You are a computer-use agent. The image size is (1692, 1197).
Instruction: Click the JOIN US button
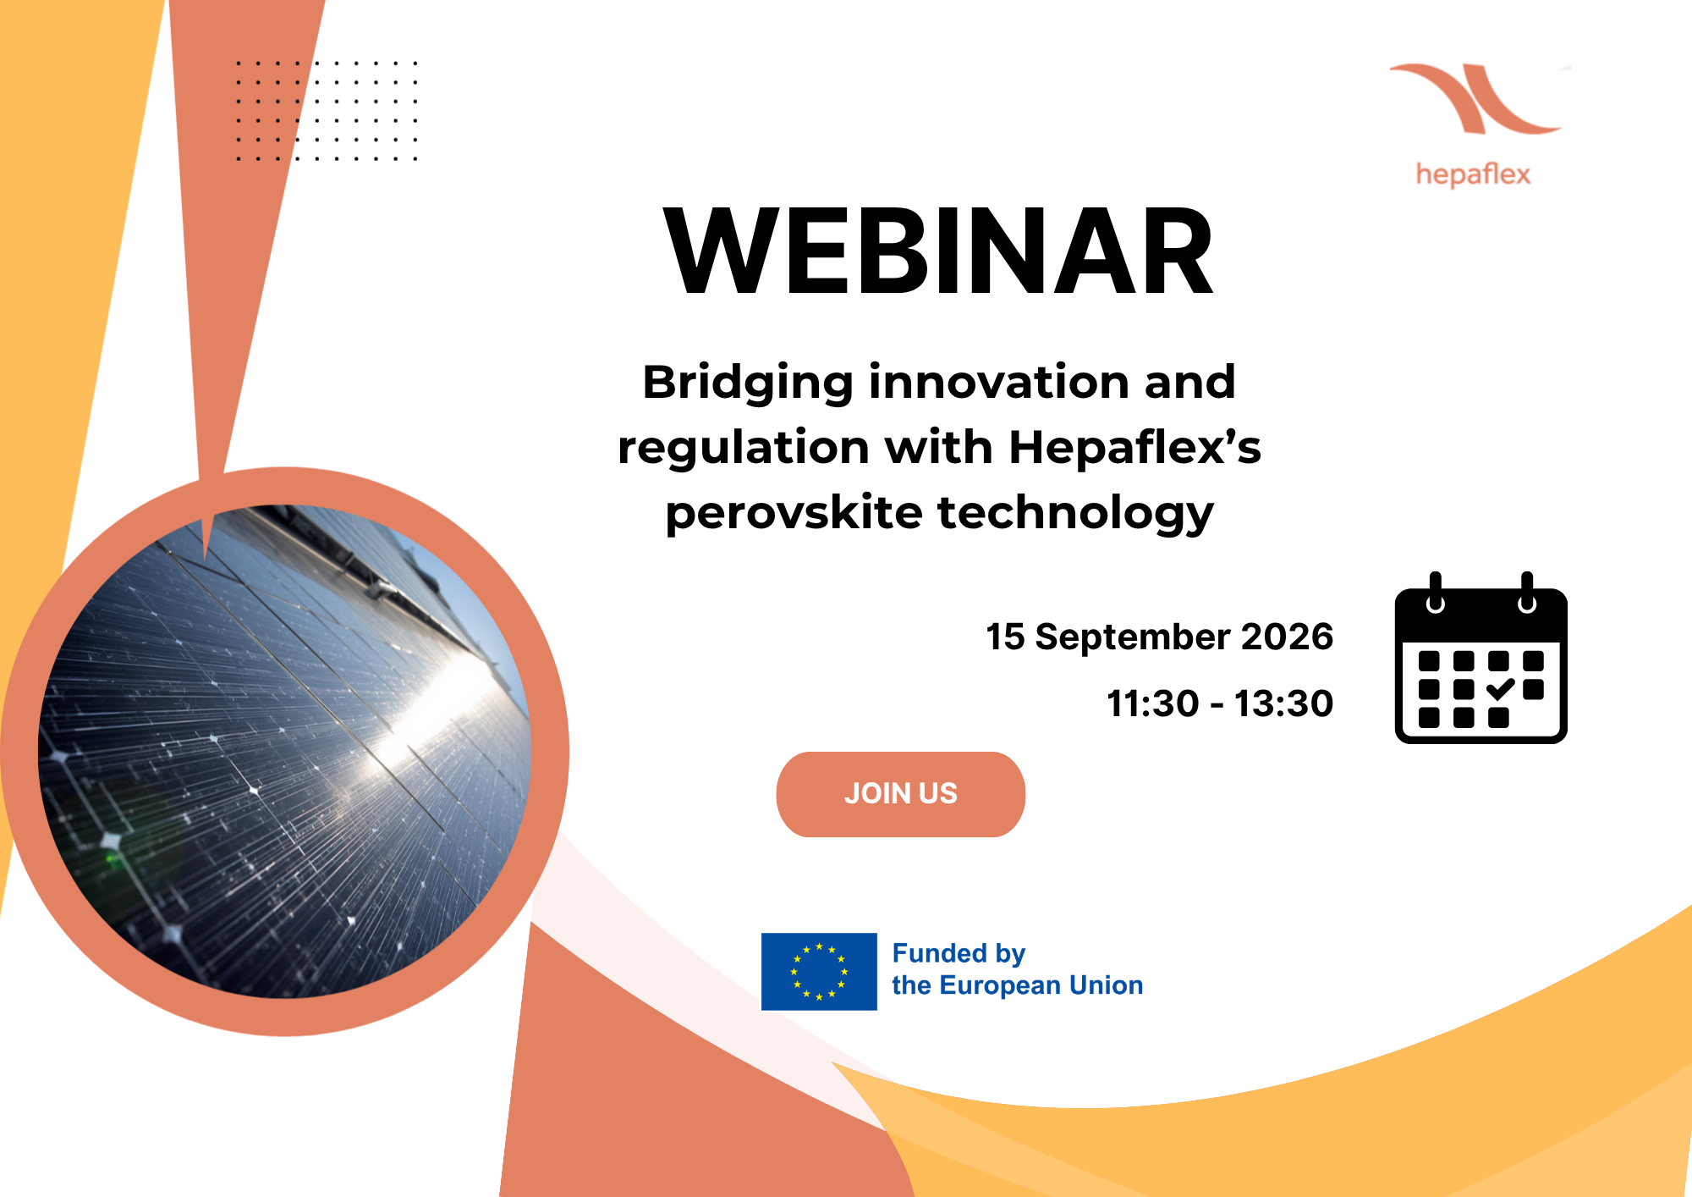(900, 794)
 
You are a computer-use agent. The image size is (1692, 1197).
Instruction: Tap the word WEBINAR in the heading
(939, 251)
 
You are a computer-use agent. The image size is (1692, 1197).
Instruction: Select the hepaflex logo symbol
(1476, 98)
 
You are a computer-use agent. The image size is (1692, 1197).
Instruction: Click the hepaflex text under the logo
(1473, 174)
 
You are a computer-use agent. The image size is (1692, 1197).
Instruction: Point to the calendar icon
(1480, 658)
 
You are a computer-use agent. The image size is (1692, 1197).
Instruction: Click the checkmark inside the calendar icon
(1500, 689)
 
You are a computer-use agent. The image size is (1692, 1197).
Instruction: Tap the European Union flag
(819, 971)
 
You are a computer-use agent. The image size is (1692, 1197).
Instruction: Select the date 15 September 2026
(1159, 637)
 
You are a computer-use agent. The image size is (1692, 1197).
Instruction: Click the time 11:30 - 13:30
(1220, 703)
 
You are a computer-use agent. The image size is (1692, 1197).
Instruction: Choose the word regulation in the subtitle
(744, 447)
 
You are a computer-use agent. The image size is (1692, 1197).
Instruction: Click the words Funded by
(959, 954)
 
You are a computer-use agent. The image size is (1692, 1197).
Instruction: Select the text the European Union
(1018, 985)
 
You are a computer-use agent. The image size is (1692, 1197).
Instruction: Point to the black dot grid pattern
(327, 110)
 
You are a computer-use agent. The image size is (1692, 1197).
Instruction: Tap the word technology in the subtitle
(1076, 513)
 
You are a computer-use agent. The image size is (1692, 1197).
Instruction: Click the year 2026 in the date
(1287, 637)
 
